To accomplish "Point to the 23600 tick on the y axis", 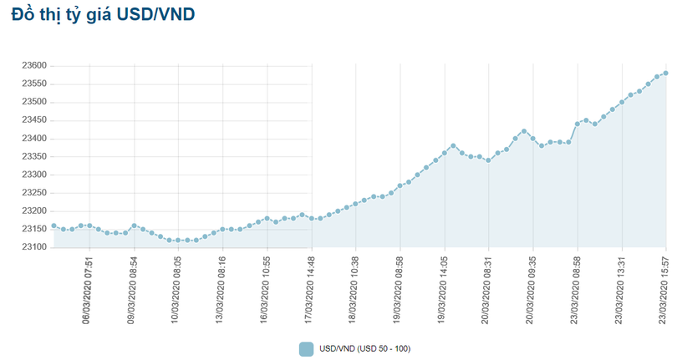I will pos(33,65).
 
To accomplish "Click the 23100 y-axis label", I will pos(33,247).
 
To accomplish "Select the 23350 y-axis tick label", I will pos(33,156).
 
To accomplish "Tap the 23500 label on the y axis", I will pos(33,102).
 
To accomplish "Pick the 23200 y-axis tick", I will pos(33,210).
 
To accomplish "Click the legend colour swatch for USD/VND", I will pos(306,348).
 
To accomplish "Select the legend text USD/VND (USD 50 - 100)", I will pos(364,348).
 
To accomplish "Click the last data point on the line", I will pos(666,73).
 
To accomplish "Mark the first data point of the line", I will pos(53,226).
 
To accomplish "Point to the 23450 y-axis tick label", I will pos(33,119).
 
